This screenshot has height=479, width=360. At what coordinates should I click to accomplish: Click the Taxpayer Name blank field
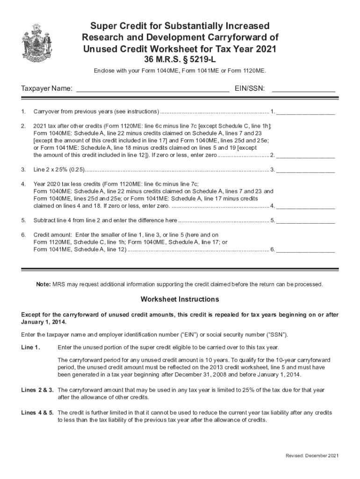pos(152,89)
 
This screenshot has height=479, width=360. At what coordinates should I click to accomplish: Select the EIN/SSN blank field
pos(303,89)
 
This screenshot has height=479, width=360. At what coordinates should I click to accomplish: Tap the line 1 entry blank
pos(306,112)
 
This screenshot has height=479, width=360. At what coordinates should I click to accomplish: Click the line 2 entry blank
pos(306,155)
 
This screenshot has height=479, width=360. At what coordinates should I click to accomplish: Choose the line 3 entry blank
pos(306,169)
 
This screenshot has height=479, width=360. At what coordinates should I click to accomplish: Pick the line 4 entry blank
pos(306,206)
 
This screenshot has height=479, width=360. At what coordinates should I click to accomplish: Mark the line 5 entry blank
pos(306,220)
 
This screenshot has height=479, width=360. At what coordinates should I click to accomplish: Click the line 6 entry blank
pos(306,250)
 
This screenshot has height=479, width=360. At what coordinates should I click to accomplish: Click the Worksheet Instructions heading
pos(180,299)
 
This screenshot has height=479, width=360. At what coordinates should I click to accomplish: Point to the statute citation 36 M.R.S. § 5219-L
pos(180,60)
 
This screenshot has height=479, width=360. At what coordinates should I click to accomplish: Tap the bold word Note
pos(44,284)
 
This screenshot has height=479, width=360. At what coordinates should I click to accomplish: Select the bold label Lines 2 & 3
pos(37,390)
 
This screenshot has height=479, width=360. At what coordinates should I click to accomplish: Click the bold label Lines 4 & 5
pos(37,413)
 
